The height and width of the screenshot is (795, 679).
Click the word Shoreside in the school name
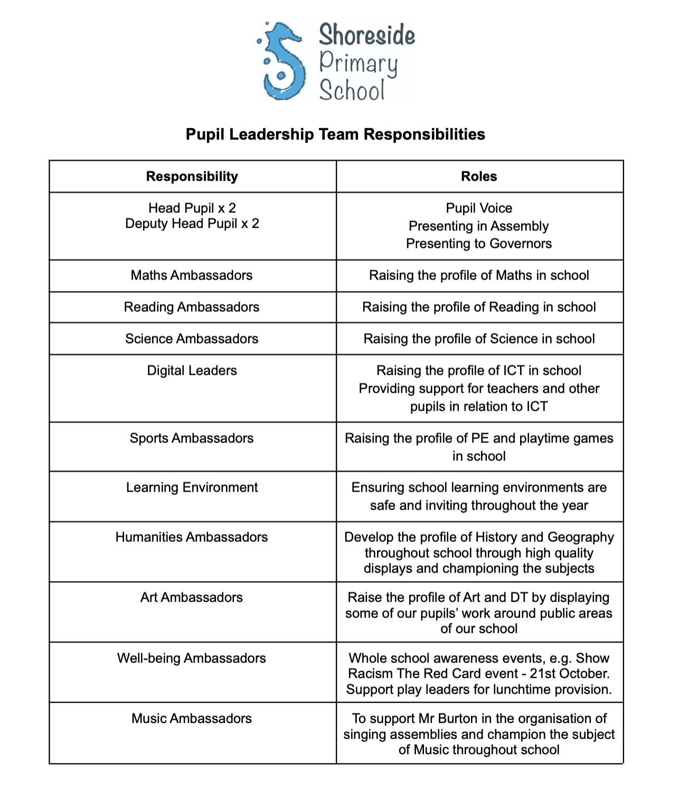[x=367, y=35]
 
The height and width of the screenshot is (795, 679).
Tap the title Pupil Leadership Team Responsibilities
[x=335, y=134]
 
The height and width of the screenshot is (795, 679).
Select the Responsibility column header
[x=192, y=177]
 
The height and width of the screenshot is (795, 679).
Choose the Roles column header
[x=479, y=177]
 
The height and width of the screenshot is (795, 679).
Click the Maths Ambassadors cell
[x=192, y=275]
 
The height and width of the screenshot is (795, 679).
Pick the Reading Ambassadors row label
[x=192, y=307]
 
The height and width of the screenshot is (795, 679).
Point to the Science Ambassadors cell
[x=192, y=339]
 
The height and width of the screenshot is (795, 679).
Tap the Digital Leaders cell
[x=192, y=371]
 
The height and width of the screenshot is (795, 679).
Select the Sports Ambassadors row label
[x=192, y=438]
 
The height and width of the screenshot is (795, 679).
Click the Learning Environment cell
[x=192, y=487]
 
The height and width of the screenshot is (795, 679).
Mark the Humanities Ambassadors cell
[x=192, y=537]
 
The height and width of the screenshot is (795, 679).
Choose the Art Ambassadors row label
[x=192, y=597]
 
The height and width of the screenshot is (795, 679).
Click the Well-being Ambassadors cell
[x=192, y=658]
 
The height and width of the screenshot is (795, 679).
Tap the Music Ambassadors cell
[x=192, y=718]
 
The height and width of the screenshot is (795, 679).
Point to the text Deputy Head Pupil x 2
[x=192, y=224]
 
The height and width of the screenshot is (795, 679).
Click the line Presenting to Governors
[x=479, y=244]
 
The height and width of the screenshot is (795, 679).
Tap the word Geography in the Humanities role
[x=581, y=538]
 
